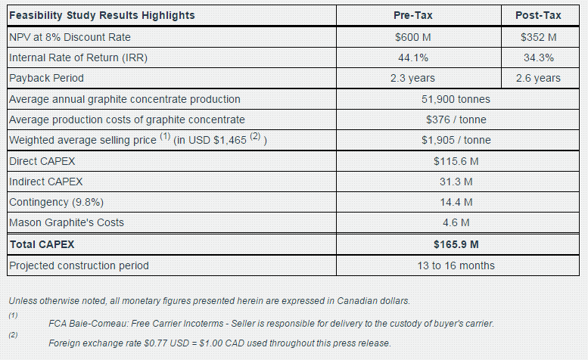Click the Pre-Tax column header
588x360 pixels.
(x=413, y=16)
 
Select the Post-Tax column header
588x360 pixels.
(x=539, y=16)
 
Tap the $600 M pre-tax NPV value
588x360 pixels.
(x=413, y=37)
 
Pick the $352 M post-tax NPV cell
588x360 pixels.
(x=539, y=37)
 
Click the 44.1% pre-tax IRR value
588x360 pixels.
(x=413, y=57)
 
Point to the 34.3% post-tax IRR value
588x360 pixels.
(x=539, y=57)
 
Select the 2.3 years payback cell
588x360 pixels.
(x=413, y=78)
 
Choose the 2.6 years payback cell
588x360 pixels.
(x=539, y=78)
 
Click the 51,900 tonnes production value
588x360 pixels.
(x=456, y=99)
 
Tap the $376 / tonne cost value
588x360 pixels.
(x=456, y=119)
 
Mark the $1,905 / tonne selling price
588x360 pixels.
(x=456, y=140)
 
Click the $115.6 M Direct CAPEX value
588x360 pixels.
(x=456, y=161)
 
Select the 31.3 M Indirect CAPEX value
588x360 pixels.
(x=456, y=182)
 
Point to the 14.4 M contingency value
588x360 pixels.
(x=456, y=202)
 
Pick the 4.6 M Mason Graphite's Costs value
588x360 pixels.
(x=456, y=222)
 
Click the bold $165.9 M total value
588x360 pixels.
(x=456, y=244)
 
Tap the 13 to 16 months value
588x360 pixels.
(x=456, y=265)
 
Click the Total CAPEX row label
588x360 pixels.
(x=42, y=244)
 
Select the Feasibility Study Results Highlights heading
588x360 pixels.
(x=101, y=16)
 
